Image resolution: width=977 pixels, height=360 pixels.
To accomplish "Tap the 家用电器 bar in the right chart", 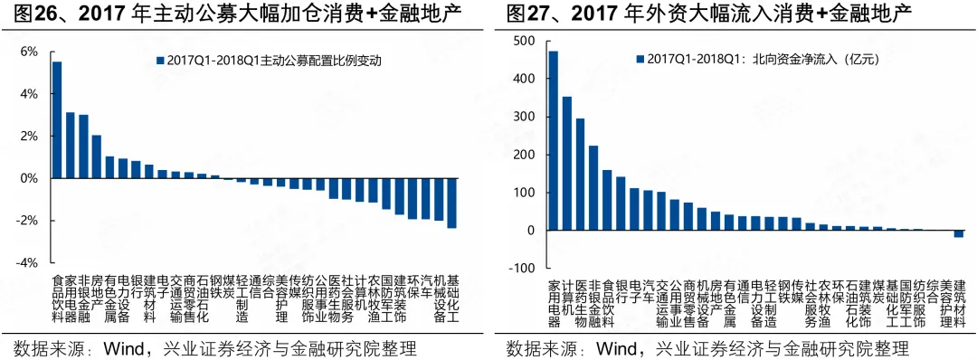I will coord(554,140).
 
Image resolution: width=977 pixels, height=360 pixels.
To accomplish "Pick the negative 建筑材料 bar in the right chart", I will coord(959,234).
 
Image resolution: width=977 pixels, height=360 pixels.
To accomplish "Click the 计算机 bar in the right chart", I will coord(567,163).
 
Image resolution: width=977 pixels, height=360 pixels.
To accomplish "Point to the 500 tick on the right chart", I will coord(523,42).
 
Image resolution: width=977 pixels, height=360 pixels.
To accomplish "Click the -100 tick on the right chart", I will coord(521,268).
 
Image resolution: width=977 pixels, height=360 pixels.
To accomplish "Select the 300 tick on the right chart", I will coord(523,118).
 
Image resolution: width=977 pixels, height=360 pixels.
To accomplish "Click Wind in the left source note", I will coord(128,347).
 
